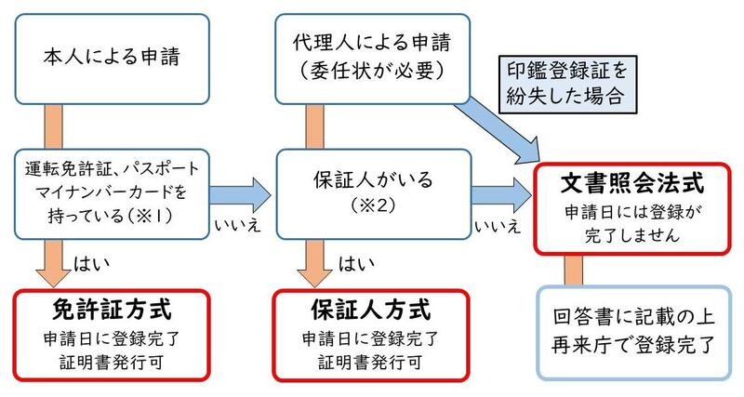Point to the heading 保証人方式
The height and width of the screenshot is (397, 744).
(369, 306)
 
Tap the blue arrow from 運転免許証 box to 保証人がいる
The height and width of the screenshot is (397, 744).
(240, 193)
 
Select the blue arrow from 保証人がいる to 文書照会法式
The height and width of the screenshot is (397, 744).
(498, 193)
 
